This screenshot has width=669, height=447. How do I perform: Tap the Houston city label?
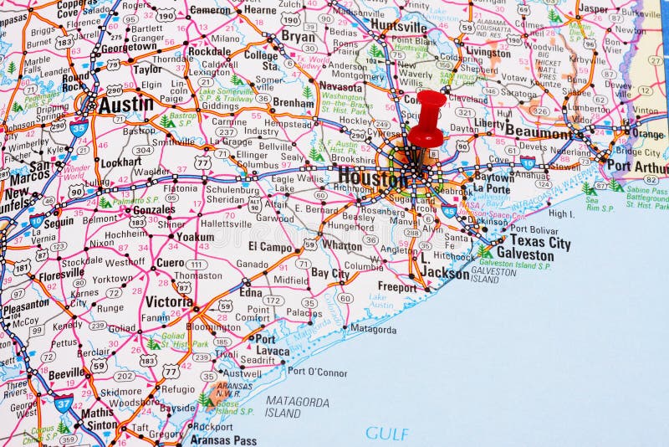click(x=372, y=177)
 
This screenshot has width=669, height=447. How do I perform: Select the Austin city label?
click(x=125, y=105)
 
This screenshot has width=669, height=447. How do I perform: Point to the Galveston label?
click(x=524, y=254)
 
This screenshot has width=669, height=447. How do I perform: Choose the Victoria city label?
click(x=169, y=301)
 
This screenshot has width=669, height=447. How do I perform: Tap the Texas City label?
click(x=539, y=243)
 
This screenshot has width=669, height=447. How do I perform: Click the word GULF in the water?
click(x=387, y=434)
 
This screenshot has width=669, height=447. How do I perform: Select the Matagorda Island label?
click(x=297, y=407)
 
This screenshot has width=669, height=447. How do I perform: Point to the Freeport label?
click(x=397, y=287)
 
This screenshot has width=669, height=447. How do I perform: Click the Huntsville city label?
click(x=398, y=26)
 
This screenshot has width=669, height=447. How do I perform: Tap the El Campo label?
click(x=270, y=247)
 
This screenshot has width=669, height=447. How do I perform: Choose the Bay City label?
click(x=330, y=273)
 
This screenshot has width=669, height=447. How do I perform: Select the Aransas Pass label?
click(x=222, y=439)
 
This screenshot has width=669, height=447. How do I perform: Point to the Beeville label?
click(x=65, y=372)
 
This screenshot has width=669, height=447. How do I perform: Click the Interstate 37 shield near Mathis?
click(x=62, y=403)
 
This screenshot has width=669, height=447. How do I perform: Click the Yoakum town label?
click(x=194, y=237)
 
